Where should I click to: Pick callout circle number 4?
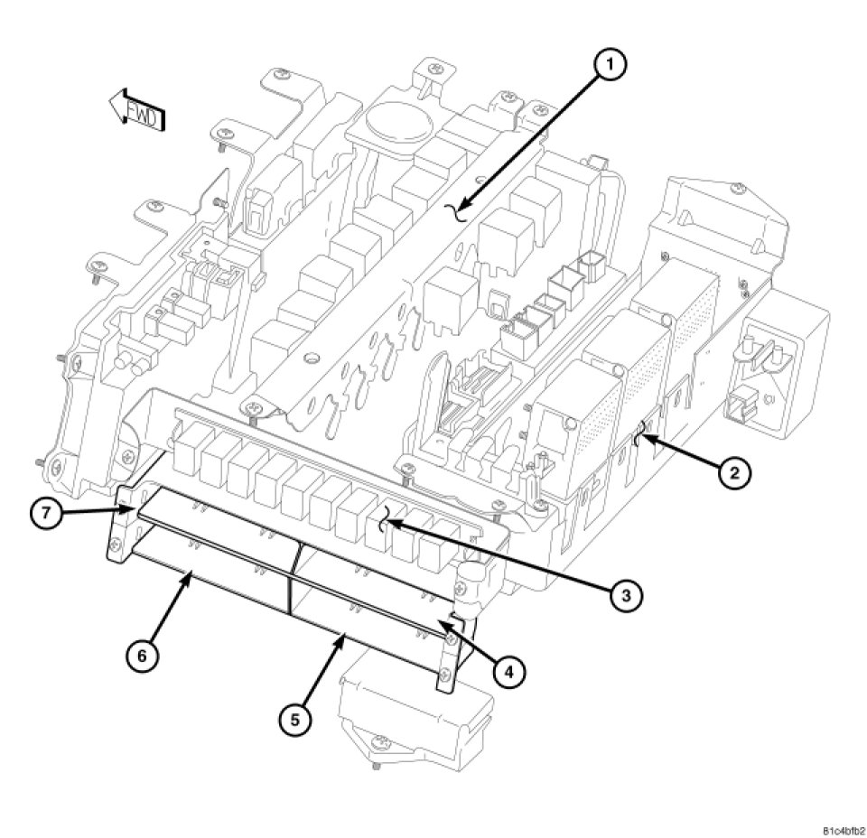pos(508,670)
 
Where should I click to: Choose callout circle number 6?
pos(142,655)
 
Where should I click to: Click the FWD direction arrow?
pos(136,112)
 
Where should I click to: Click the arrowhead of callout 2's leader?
pos(639,442)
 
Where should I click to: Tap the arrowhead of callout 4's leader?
pos(442,620)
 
